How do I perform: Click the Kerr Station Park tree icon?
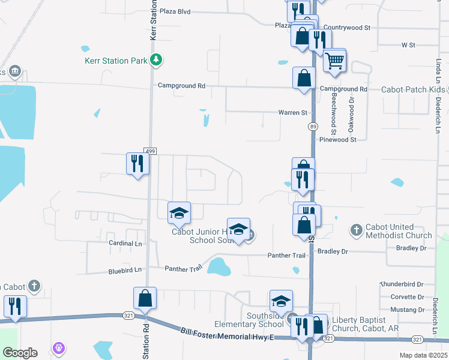[156, 59]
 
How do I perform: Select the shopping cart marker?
[334, 60]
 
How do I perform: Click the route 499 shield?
[150, 150]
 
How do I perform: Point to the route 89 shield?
[313, 126]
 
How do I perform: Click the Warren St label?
[292, 112]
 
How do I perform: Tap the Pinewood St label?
[338, 139]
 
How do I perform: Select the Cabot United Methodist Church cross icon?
[356, 229]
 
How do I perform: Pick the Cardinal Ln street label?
[125, 244]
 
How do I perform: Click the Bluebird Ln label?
[125, 270]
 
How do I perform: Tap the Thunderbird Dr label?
[402, 284]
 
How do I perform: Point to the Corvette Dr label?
[408, 297]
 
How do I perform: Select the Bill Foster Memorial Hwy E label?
[228, 334]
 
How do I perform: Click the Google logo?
[20, 353]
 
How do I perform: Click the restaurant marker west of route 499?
[137, 163]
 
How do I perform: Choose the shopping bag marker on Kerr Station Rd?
[145, 298]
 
